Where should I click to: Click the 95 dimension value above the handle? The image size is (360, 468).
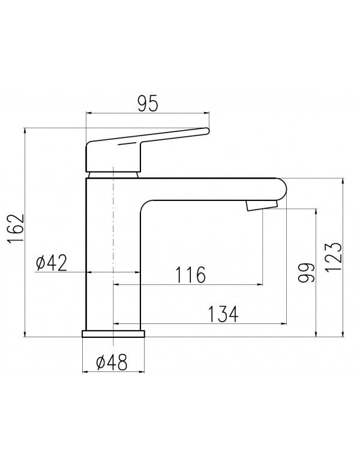148,103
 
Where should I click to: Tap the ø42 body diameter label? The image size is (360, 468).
51,262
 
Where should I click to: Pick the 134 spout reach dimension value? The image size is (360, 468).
223,313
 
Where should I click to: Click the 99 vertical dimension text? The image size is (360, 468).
307,274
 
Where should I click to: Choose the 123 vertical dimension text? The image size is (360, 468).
334,258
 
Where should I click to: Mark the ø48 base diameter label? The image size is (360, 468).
112,362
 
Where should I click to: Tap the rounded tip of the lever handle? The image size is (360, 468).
206,130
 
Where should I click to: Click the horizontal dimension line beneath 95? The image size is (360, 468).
148,112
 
